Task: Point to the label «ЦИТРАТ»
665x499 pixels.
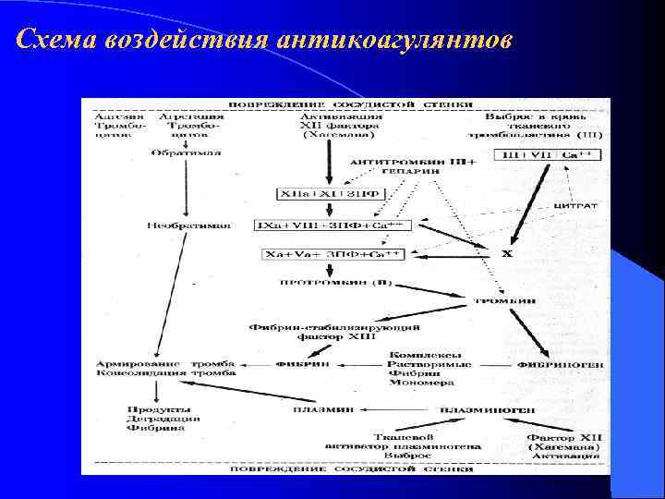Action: coord(580,204)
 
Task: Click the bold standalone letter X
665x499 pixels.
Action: coord(507,252)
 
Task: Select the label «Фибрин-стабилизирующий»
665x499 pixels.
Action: coord(336,327)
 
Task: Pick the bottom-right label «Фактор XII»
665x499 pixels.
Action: coord(563,436)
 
